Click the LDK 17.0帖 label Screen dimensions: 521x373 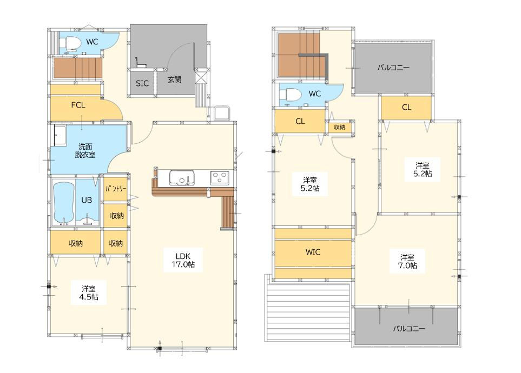[183, 261]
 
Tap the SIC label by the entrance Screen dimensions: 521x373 [142, 83]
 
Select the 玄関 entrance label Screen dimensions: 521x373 [174, 79]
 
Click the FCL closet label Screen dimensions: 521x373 [78, 105]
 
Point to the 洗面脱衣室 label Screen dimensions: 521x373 [85, 150]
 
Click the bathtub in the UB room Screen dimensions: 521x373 [63, 203]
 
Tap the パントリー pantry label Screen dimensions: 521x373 [116, 189]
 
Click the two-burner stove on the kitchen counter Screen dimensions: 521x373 [219, 178]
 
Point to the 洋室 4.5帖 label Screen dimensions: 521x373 [89, 292]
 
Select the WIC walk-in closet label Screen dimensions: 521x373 [313, 252]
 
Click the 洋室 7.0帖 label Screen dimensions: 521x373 [407, 262]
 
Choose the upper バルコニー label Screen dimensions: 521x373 [393, 68]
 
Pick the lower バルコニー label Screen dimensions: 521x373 [409, 329]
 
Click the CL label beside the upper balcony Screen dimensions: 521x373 [407, 107]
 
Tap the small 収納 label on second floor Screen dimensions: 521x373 [340, 127]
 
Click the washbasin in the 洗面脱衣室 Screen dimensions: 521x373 [60, 136]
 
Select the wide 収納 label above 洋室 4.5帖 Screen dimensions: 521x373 [76, 243]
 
